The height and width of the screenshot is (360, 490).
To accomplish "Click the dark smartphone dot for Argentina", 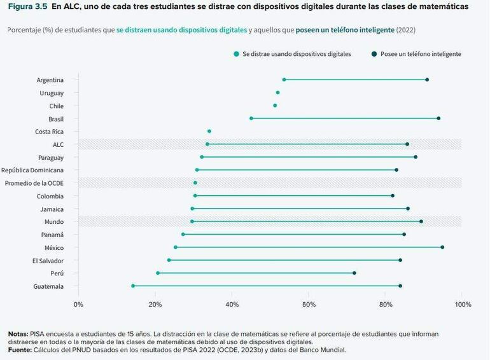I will (x=427, y=80).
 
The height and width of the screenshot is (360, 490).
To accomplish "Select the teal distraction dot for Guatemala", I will (x=133, y=286).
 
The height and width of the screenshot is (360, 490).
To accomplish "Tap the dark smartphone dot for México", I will (x=442, y=247).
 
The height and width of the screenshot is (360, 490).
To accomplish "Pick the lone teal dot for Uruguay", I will (x=277, y=93).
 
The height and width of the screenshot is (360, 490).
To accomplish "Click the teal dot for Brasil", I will (x=251, y=118).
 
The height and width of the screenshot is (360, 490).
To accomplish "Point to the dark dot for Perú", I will (x=354, y=273).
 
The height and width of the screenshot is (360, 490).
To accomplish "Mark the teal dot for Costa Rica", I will (x=209, y=131).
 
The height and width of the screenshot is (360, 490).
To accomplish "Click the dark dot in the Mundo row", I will (x=421, y=221).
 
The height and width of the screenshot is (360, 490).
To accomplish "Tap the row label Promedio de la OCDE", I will (x=34, y=183).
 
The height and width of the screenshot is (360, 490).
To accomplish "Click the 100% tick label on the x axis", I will (x=462, y=304).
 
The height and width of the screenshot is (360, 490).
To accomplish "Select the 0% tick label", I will (x=78, y=304).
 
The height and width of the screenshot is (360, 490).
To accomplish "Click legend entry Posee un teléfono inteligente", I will (x=420, y=54).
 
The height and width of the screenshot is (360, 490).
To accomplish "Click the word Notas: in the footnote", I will (x=18, y=334).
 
